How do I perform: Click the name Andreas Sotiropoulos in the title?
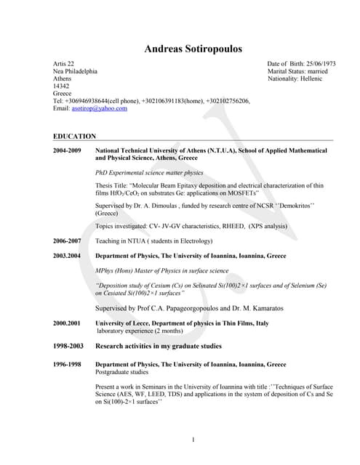point(193,49)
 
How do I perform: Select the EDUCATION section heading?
point(74,136)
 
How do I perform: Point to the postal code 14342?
point(63,86)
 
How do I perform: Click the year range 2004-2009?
point(67,150)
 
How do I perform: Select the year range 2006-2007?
point(67,240)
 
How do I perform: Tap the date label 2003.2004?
point(67,256)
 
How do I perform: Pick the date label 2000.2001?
point(67,323)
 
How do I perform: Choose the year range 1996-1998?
point(67,364)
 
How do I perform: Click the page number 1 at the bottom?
point(193,439)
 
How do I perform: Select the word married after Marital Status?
point(321,72)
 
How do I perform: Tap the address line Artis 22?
point(63,65)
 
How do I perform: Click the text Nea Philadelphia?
point(75,72)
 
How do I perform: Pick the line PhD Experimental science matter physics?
point(150,173)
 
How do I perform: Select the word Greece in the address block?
point(63,94)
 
